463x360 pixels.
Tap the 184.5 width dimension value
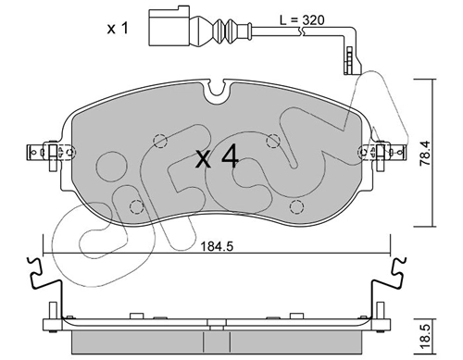(x=218, y=247)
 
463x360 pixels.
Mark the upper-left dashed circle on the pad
(x=158, y=142)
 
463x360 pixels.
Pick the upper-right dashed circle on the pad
(x=272, y=141)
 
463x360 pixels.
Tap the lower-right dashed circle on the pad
(x=295, y=205)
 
